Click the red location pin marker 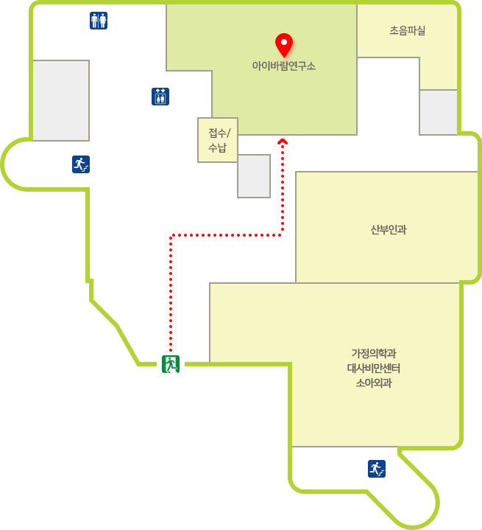[284, 45]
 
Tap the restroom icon [99, 21]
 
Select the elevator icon [160, 97]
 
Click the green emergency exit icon [171, 364]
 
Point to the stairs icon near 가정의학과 [377, 469]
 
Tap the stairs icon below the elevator [81, 164]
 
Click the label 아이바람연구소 [284, 66]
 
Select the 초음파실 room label [408, 30]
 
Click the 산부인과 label [389, 230]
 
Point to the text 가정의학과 [374, 354]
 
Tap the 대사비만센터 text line [374, 368]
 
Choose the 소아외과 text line [374, 383]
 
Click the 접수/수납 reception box [218, 140]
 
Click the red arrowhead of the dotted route [283, 142]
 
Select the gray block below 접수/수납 [254, 176]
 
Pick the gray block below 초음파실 [439, 112]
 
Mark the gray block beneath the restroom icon [61, 100]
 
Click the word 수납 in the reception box [217, 147]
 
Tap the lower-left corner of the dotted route [171, 235]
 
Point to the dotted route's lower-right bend [282, 234]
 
